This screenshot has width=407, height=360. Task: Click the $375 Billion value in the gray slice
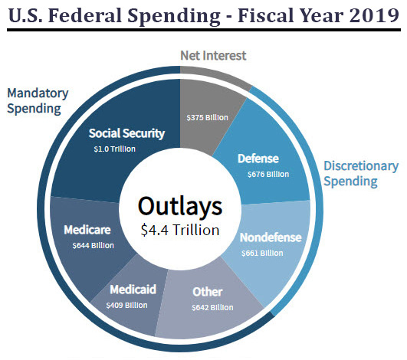pos(208,118)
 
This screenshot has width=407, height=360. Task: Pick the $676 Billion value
pos(268,174)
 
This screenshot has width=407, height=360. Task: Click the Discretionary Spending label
pos(360,173)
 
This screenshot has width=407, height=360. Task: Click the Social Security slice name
pos(126,133)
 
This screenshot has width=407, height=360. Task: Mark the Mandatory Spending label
pos(38,100)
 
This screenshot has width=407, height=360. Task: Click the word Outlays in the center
pos(180,206)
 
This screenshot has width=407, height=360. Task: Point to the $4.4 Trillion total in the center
pos(180,229)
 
